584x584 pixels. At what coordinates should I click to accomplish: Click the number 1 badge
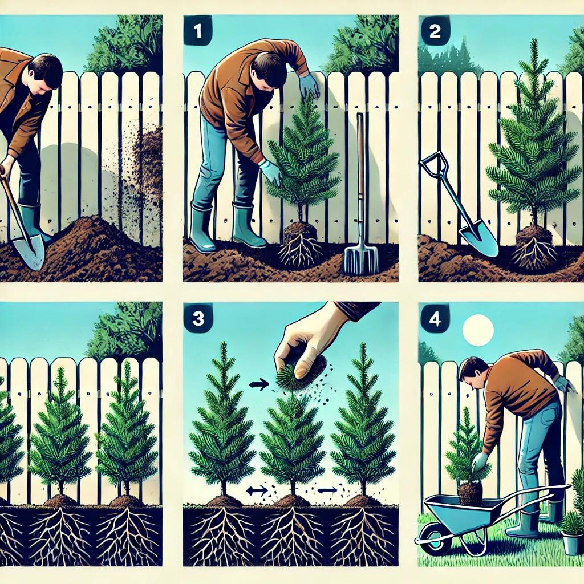[198, 31]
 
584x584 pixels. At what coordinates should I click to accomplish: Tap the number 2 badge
[435, 31]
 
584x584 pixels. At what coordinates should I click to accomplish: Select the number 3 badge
[198, 318]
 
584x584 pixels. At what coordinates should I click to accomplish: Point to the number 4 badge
[435, 318]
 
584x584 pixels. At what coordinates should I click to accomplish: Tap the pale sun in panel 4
[478, 330]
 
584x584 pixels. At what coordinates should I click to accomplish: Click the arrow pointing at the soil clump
[258, 384]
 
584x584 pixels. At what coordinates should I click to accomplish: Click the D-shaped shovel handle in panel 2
[434, 165]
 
